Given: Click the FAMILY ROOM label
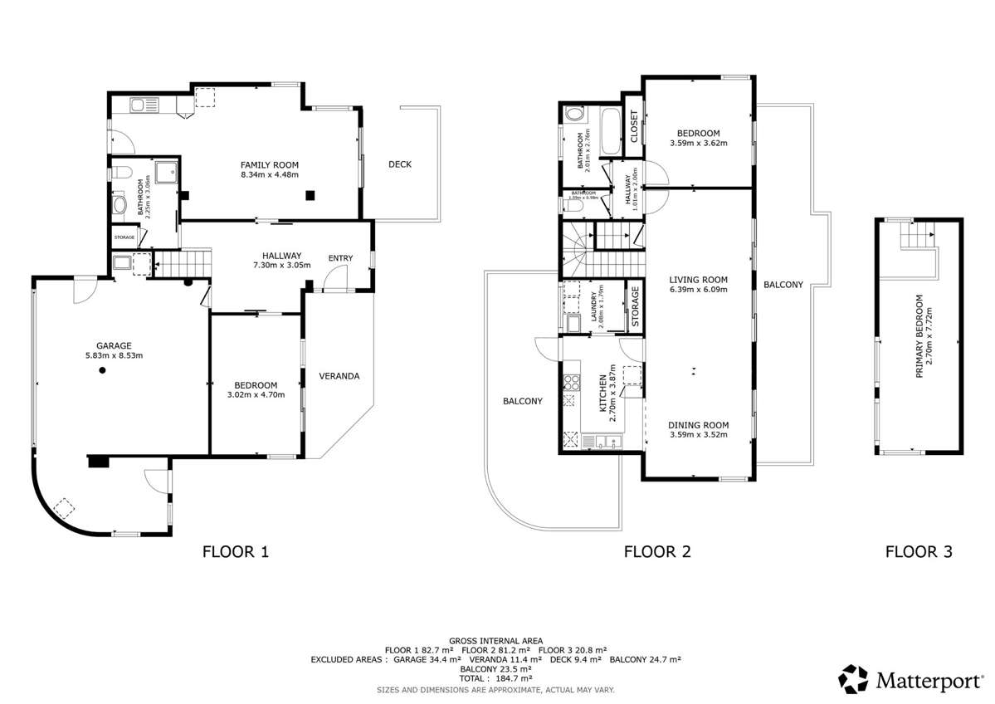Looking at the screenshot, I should (269, 164).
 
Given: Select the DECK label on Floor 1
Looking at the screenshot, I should (400, 164).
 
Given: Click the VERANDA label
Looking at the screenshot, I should (340, 376).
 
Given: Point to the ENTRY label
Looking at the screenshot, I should (340, 258).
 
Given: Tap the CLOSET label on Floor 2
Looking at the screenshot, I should (634, 127).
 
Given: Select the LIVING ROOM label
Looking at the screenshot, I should (698, 280).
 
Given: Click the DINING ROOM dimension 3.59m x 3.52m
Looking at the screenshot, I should (698, 434).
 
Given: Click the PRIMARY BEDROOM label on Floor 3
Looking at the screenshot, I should (919, 343).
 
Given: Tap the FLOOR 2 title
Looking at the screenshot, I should (657, 550).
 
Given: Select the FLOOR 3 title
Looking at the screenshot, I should (919, 550).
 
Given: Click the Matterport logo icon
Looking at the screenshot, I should (853, 678).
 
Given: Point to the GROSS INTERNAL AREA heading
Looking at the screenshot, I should (495, 641).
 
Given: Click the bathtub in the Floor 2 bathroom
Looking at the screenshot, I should (610, 131).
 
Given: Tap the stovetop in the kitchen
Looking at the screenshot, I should (571, 383).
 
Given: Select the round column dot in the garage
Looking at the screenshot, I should (102, 371).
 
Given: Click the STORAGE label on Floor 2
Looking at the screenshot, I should (635, 306).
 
